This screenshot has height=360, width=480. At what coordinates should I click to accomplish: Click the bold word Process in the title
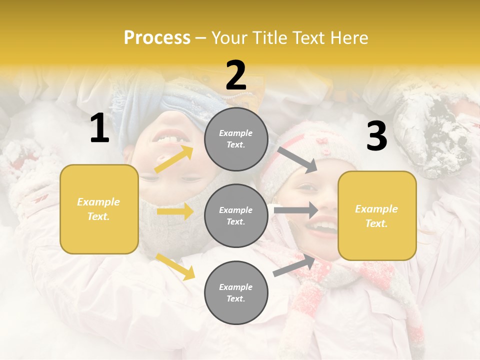point(157,38)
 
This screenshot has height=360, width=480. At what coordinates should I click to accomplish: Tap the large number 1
point(99,128)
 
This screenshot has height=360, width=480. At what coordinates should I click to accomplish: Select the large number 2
point(236,75)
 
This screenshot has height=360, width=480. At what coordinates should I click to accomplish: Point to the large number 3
point(376,136)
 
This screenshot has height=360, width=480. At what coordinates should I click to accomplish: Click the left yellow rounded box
point(99,209)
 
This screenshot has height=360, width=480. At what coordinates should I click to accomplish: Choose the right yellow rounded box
point(377,216)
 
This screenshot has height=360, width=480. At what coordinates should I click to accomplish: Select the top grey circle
point(236,139)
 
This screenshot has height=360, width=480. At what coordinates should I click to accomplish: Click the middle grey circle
point(236,215)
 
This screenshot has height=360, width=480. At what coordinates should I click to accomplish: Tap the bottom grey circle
point(236,292)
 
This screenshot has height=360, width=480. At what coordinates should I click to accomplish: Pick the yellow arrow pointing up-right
point(173,159)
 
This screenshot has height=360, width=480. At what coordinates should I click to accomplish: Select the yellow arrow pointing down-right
point(175,266)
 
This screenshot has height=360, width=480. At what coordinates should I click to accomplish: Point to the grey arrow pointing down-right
point(297,159)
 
